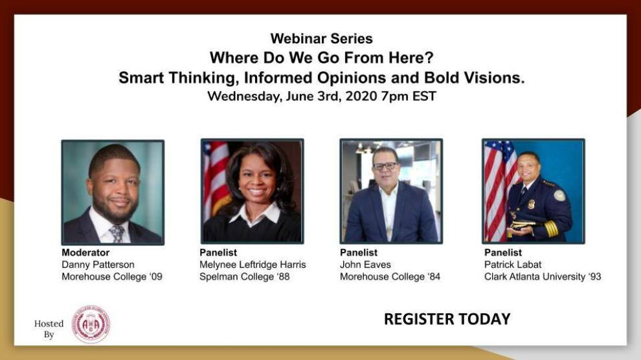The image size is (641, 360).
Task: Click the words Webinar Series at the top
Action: pyautogui.click(x=321, y=38)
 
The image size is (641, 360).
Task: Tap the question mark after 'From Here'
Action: pyautogui.click(x=429, y=58)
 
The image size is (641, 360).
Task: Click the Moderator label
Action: pyautogui.click(x=85, y=253)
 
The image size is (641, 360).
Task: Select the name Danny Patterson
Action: pyautogui.click(x=98, y=265)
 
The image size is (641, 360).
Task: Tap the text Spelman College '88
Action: pyautogui.click(x=245, y=276)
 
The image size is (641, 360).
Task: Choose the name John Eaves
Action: pyautogui.click(x=365, y=265)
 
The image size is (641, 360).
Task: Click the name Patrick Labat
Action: pyautogui.click(x=513, y=265)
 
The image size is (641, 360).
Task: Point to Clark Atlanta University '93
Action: pyautogui.click(x=543, y=276)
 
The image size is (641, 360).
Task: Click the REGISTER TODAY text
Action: pyautogui.click(x=447, y=319)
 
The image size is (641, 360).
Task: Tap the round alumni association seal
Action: pyautogui.click(x=91, y=324)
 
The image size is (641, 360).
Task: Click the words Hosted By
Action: pyautogui.click(x=49, y=329)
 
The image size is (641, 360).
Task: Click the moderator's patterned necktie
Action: pyautogui.click(x=117, y=234)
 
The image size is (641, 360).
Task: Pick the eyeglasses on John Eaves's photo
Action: pyautogui.click(x=385, y=166)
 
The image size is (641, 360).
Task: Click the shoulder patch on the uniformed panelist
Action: pyautogui.click(x=559, y=195)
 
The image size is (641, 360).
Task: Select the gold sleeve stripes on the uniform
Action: pyautogui.click(x=551, y=229)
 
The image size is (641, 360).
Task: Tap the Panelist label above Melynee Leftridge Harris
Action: pyautogui.click(x=218, y=253)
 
